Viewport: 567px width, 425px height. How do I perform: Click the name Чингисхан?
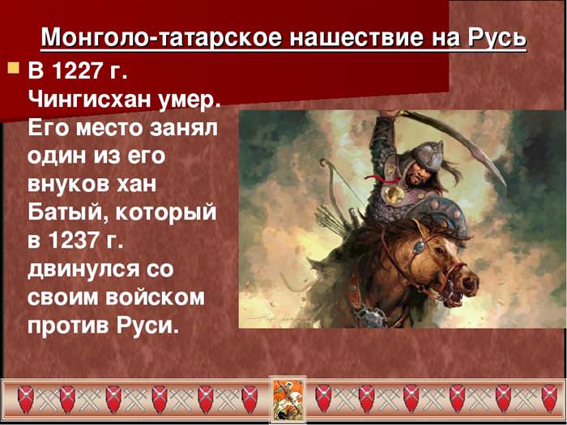tap(89, 100)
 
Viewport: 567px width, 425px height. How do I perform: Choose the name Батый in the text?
tap(67, 214)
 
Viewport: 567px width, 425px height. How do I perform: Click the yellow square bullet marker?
tap(14, 67)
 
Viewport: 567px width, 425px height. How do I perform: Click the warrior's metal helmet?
tap(428, 155)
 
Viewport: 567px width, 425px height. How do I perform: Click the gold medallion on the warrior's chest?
tap(394, 195)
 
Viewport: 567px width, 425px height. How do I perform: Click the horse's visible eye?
tap(420, 247)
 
